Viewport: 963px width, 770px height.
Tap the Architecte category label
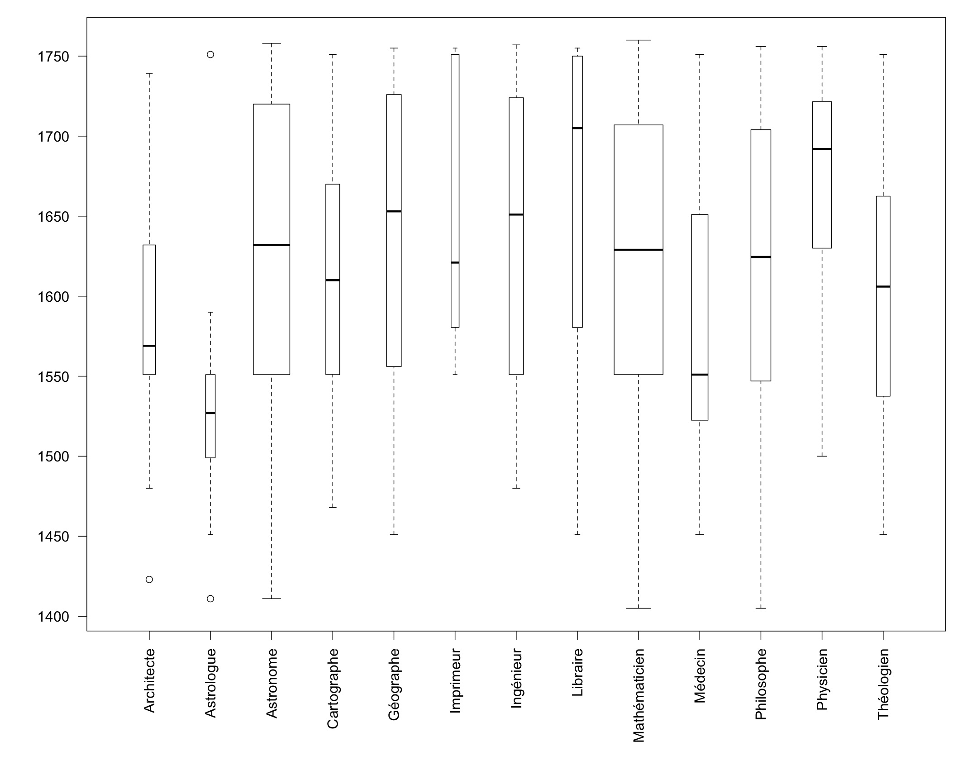(149, 680)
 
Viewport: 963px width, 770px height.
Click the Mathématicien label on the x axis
(639, 695)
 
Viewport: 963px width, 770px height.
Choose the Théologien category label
(883, 684)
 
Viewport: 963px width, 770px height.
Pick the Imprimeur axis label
(455, 681)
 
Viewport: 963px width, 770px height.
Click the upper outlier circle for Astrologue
(210, 55)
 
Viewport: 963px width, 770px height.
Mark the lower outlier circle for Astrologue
(210, 599)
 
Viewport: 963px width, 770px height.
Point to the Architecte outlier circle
(149, 580)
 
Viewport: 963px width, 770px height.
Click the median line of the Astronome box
(272, 245)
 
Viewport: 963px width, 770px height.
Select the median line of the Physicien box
(822, 149)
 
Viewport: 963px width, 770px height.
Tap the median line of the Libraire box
(577, 128)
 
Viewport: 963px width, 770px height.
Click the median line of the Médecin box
(700, 375)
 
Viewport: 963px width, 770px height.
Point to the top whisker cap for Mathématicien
(639, 40)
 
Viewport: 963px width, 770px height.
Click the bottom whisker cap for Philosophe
(761, 608)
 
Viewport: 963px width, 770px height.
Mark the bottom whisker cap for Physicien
(822, 456)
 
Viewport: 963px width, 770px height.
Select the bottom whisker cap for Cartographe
(333, 508)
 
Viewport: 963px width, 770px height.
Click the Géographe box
(394, 290)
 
